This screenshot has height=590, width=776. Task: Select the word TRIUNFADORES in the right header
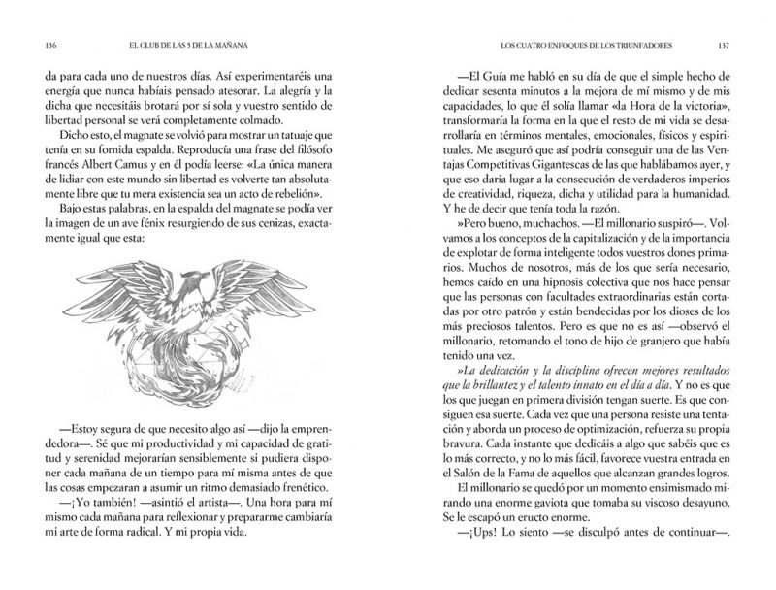(x=644, y=45)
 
